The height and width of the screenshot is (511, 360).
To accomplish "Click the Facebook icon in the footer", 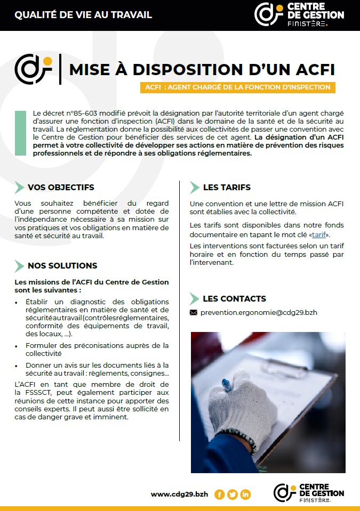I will click(x=219, y=494).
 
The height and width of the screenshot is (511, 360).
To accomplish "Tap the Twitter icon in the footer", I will click(x=233, y=494).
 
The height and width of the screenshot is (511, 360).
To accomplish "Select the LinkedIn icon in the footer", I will click(x=245, y=494).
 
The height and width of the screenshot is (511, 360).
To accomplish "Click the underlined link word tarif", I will click(x=319, y=234).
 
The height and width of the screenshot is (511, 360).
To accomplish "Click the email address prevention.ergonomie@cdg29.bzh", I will click(x=259, y=312).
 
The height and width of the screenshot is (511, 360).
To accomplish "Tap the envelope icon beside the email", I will click(x=194, y=312).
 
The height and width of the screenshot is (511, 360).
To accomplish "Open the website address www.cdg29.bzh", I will click(x=180, y=494).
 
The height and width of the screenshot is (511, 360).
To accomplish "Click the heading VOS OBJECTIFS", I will click(x=61, y=188).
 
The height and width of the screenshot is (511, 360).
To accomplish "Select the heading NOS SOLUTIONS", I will click(x=62, y=266).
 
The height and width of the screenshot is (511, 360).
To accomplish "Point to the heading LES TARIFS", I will click(x=227, y=188).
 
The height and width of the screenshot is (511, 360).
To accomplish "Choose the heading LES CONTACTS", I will click(x=234, y=299).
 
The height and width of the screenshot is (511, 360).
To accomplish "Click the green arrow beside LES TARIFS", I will click(x=195, y=188).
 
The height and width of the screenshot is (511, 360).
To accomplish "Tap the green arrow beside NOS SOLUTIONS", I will click(x=19, y=266).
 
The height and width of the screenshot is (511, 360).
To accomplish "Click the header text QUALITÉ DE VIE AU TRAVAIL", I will click(x=83, y=14).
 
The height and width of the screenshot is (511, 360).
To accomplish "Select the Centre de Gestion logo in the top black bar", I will click(x=299, y=14).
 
